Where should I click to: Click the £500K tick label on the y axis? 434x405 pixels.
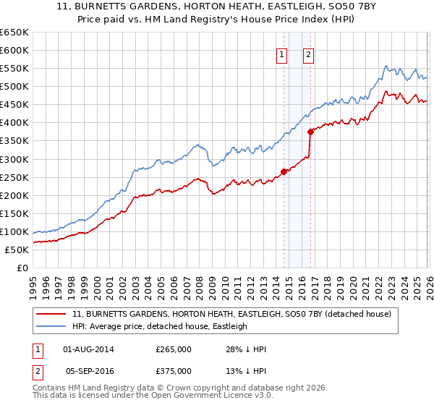[14, 87]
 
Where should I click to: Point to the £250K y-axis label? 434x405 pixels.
[14, 177]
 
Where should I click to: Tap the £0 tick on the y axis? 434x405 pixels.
[22, 268]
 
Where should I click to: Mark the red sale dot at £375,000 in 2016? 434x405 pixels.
[310, 132]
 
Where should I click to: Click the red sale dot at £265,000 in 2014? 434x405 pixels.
[284, 171]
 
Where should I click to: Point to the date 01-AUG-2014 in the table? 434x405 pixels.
[89, 349]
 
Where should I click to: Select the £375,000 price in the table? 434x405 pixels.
[174, 370]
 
